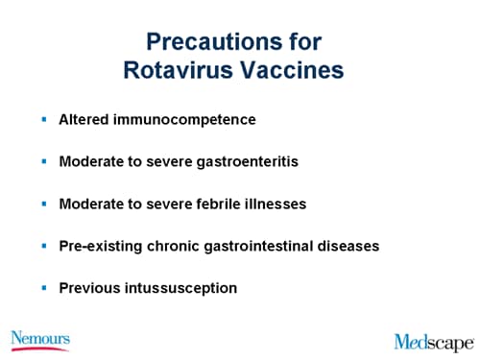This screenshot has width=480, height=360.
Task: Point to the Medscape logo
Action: (433, 341)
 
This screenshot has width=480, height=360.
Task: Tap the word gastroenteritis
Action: (250, 161)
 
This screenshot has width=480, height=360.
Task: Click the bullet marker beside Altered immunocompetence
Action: (43, 120)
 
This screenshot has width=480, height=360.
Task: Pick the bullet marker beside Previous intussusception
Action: (43, 287)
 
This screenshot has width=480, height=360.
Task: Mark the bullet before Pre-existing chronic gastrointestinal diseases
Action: (43, 246)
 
